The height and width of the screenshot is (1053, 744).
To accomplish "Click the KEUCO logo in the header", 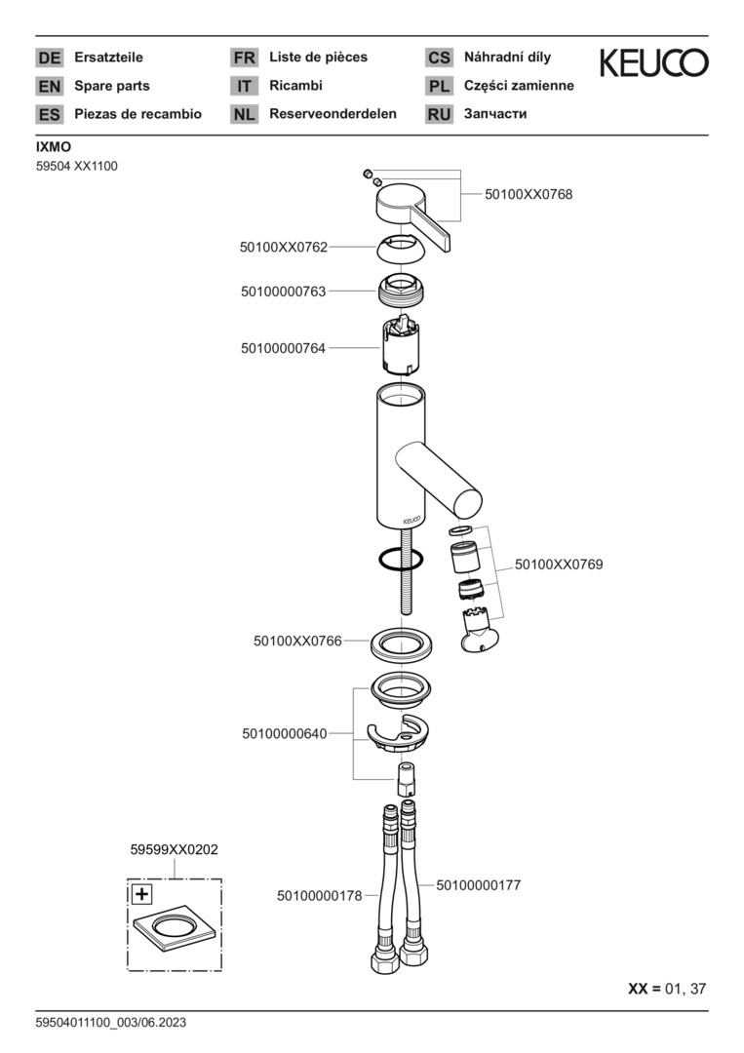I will pyautogui.click(x=653, y=63).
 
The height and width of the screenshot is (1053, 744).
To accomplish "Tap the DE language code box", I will pyautogui.click(x=49, y=58).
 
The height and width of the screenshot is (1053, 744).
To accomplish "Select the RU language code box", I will pyautogui.click(x=439, y=114).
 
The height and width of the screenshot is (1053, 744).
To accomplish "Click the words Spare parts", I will pyautogui.click(x=112, y=86).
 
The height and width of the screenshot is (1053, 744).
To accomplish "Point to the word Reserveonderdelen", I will pyautogui.click(x=333, y=114).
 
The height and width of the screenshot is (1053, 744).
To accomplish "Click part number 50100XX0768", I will pyautogui.click(x=529, y=194).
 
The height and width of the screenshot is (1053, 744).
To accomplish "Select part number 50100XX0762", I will pyautogui.click(x=284, y=248).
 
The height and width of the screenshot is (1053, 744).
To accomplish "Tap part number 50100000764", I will pyautogui.click(x=284, y=347).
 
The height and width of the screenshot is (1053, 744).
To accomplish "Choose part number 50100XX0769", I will pyautogui.click(x=559, y=564).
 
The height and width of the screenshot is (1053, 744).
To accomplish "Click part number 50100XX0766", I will pyautogui.click(x=297, y=641).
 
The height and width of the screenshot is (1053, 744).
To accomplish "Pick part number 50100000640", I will pyautogui.click(x=285, y=733).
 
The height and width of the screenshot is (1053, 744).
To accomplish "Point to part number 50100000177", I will pyautogui.click(x=478, y=885).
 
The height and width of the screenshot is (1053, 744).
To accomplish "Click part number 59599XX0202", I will pyautogui.click(x=174, y=850).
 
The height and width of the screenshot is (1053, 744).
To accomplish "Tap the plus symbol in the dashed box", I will pyautogui.click(x=141, y=893).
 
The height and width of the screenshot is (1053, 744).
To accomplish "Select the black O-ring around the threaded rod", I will pyautogui.click(x=399, y=560).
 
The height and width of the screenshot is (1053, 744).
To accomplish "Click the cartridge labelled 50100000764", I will pyautogui.click(x=400, y=348).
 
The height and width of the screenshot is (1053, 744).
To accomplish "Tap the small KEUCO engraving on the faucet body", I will pyautogui.click(x=405, y=519).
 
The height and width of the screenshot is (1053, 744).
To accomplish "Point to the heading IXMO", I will pyautogui.click(x=53, y=146).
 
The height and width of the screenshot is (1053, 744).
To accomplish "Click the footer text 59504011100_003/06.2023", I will pyautogui.click(x=110, y=1022).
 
